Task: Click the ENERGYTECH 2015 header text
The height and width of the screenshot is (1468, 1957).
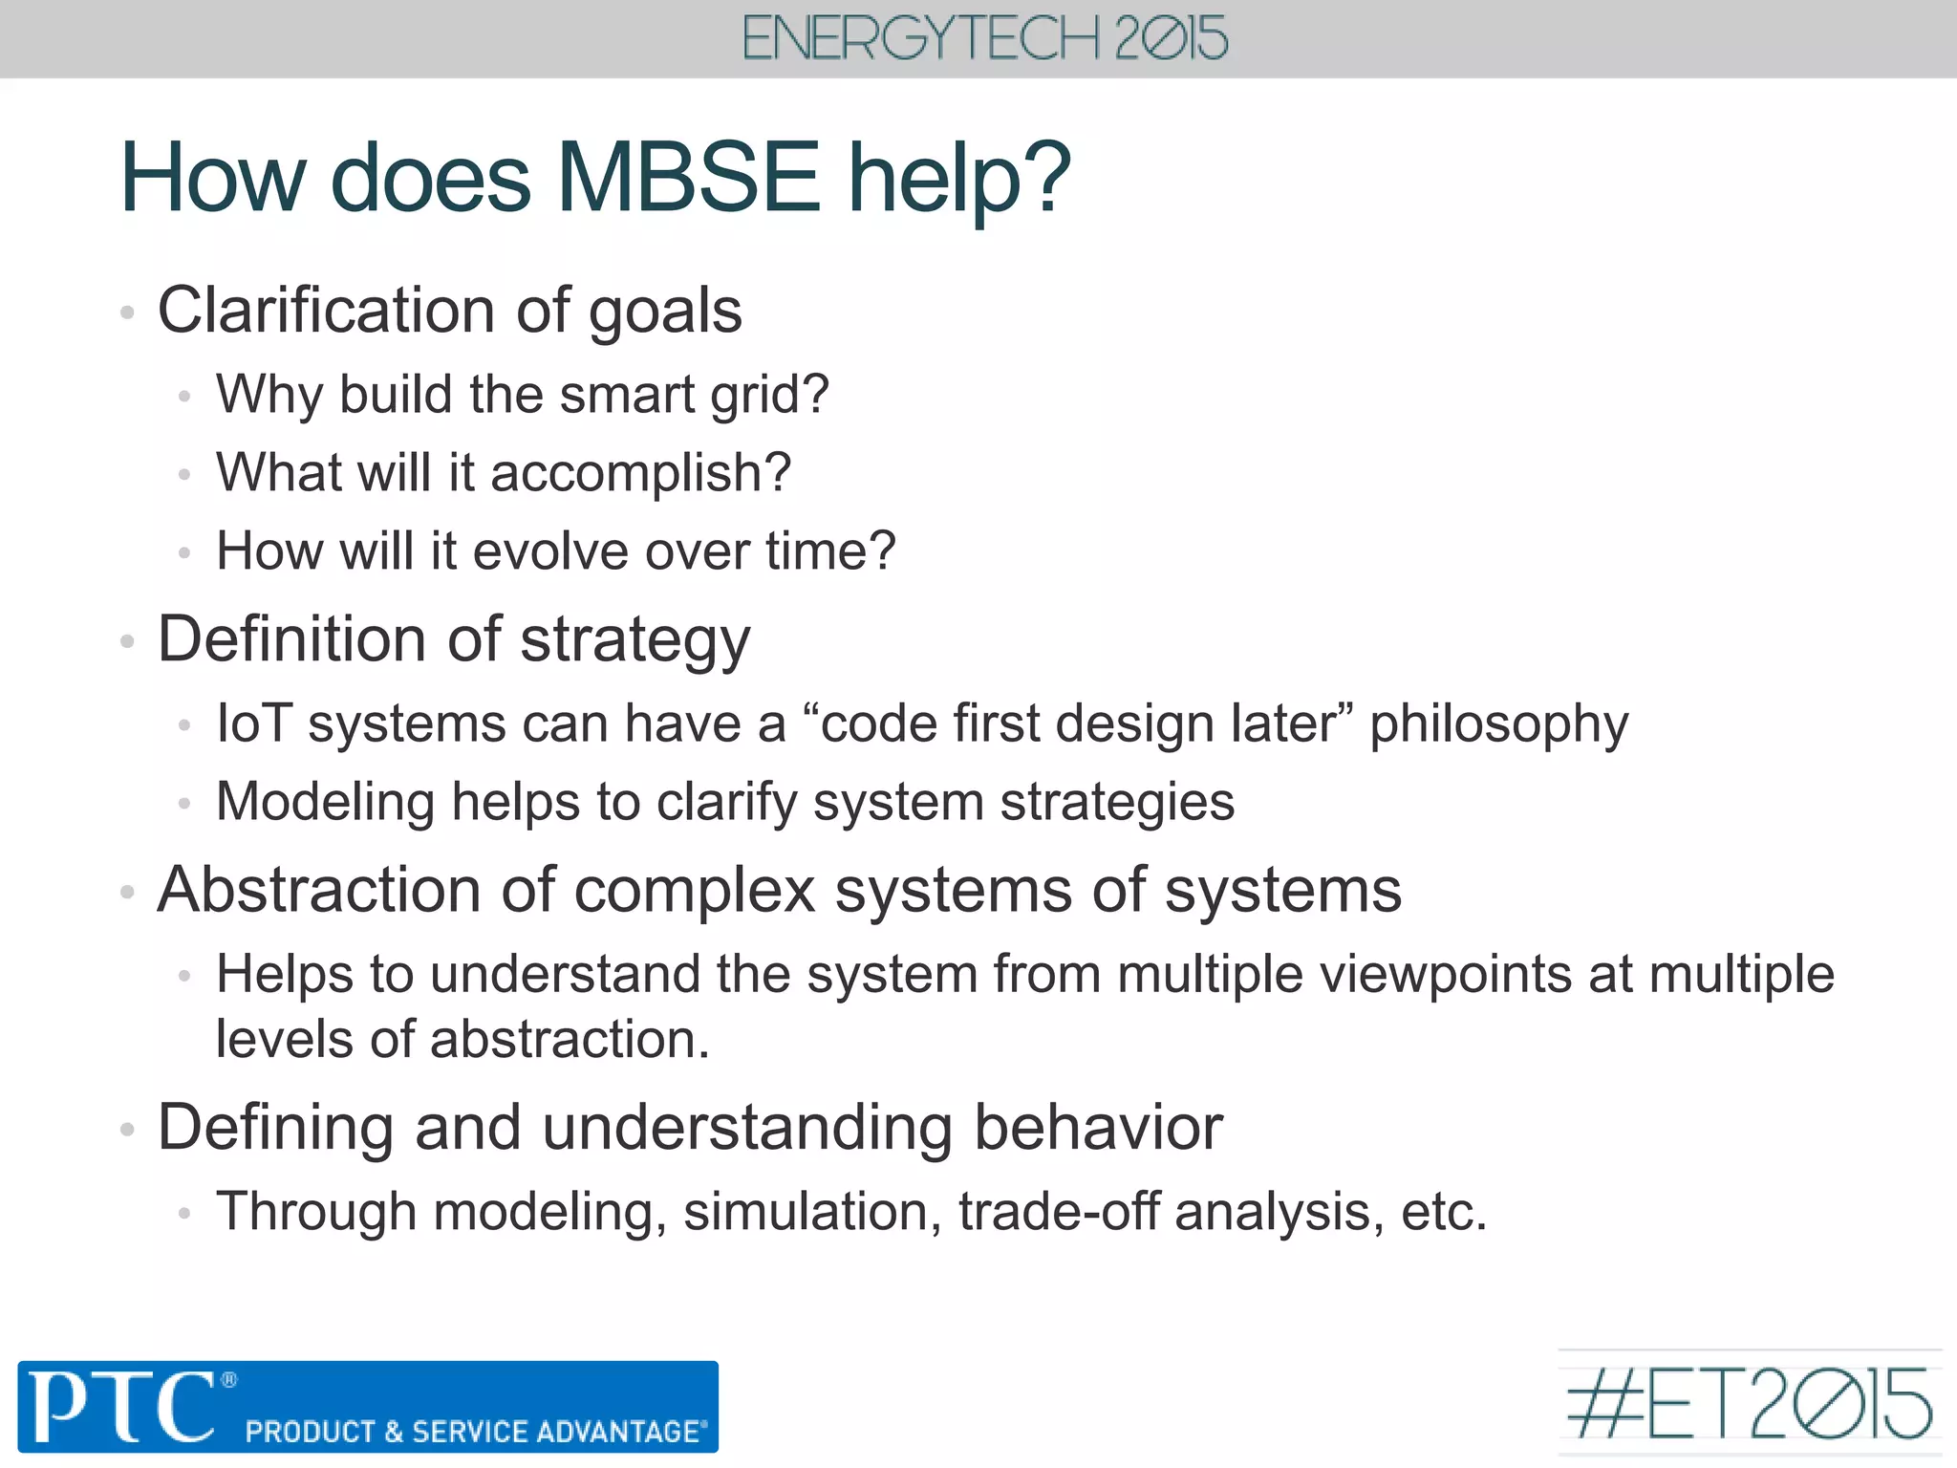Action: tap(984, 39)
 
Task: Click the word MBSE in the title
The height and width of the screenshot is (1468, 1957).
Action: tap(688, 178)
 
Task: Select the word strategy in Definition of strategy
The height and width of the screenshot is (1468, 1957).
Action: tap(635, 640)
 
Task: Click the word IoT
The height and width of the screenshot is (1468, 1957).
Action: tap(253, 723)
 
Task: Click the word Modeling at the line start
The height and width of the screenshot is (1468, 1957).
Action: tap(325, 802)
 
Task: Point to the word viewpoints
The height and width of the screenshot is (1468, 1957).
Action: tap(1443, 976)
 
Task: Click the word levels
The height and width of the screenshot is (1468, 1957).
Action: tap(286, 1040)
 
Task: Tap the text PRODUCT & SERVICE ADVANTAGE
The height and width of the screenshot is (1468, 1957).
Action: tap(475, 1432)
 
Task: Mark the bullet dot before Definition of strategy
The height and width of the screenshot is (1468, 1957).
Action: tap(127, 642)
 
